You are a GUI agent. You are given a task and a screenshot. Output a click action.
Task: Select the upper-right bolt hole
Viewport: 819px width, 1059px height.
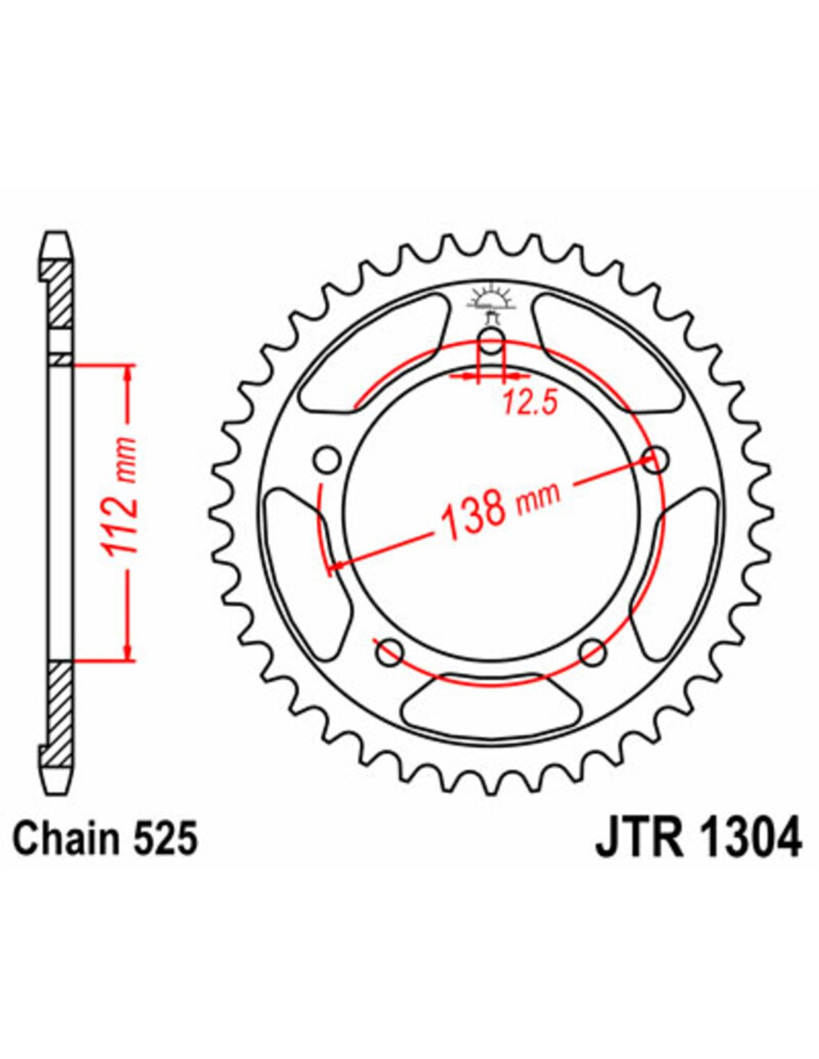point(656,459)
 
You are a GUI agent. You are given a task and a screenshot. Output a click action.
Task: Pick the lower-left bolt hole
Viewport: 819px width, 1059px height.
point(390,653)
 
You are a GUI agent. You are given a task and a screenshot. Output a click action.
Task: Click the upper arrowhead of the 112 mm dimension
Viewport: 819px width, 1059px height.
point(127,374)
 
